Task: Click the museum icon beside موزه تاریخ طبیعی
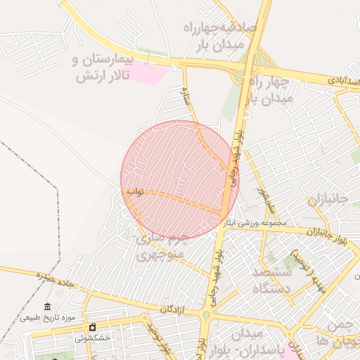click(47, 307)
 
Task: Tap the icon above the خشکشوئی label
click(92, 328)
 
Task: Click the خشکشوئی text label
click(93, 338)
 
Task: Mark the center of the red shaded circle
click(180, 180)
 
